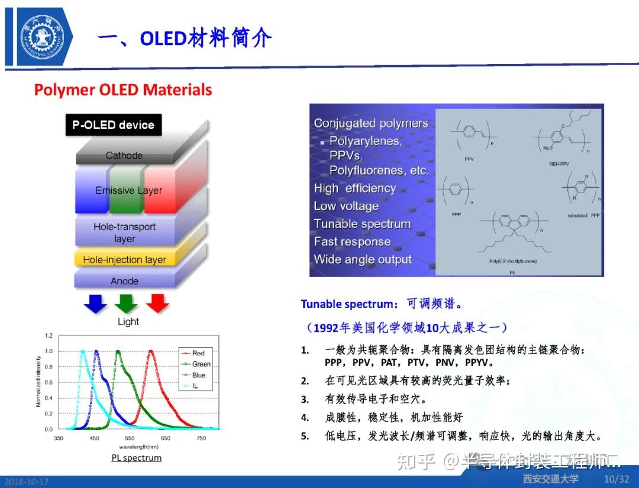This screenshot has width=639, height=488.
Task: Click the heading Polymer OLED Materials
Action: [x=122, y=90]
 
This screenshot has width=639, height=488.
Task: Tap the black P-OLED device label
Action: [x=113, y=125]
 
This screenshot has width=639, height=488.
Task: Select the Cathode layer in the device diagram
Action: [x=124, y=155]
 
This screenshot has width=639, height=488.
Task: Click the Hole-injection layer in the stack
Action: [x=124, y=259]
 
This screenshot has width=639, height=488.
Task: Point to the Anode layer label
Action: [x=124, y=281]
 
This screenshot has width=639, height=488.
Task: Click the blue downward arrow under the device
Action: [x=95, y=303]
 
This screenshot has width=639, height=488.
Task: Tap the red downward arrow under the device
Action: [x=157, y=303]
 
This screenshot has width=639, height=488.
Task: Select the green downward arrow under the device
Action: [x=126, y=303]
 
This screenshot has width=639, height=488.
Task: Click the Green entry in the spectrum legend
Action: [x=201, y=364]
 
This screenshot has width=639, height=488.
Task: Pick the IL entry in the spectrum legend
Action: [x=195, y=386]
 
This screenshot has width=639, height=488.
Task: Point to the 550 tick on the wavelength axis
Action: [x=130, y=438]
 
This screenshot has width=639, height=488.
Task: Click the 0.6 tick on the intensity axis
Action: [x=49, y=382]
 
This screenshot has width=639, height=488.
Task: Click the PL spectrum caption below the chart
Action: [x=136, y=458]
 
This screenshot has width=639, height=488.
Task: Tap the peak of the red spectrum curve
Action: [x=151, y=351]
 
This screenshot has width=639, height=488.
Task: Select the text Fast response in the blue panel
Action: [x=352, y=242]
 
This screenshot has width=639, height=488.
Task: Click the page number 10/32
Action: [x=616, y=479]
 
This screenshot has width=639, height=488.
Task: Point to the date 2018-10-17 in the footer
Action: [x=26, y=481]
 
